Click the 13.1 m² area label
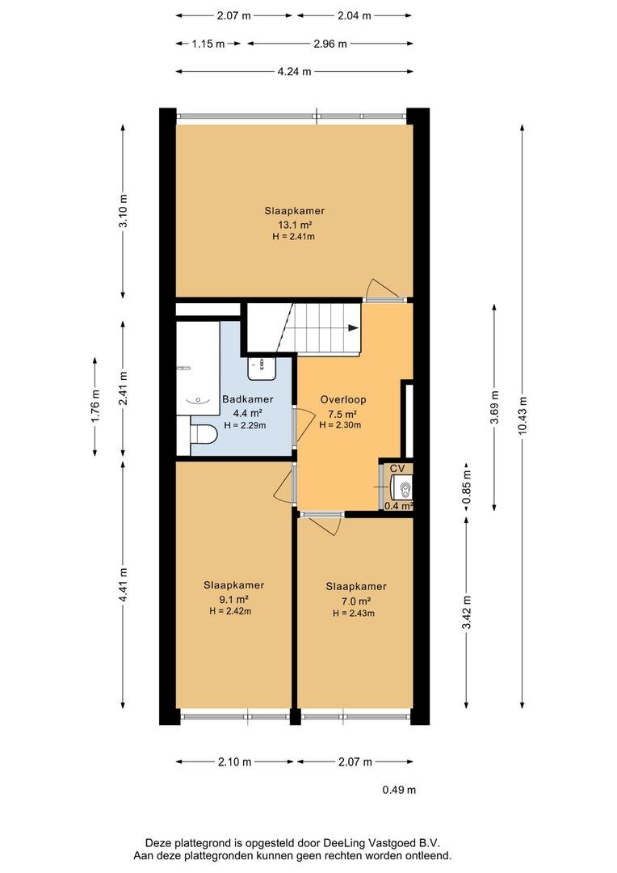tap(294, 225)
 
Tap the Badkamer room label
tap(248, 399)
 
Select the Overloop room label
tap(343, 399)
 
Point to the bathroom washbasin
tap(262, 368)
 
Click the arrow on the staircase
tap(353, 328)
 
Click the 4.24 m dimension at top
tap(294, 71)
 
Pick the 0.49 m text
tap(399, 790)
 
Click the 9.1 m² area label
tap(233, 600)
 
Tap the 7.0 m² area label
tap(356, 601)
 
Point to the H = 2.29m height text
tap(245, 425)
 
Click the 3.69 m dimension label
tap(494, 407)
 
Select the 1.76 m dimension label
tap(95, 405)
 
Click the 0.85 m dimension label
tap(467, 487)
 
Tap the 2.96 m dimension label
tap(330, 44)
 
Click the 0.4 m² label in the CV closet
tap(399, 506)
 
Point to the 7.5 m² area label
tap(342, 414)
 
